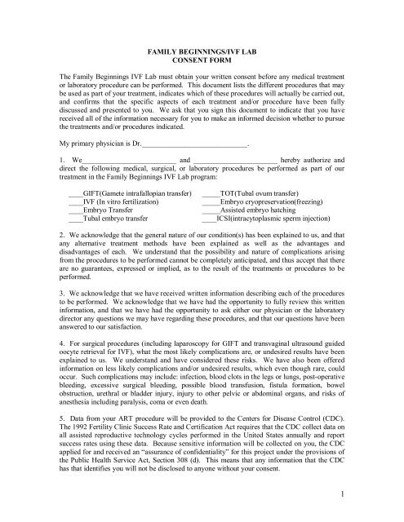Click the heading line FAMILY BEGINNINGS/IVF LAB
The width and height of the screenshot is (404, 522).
coord(202,50)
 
